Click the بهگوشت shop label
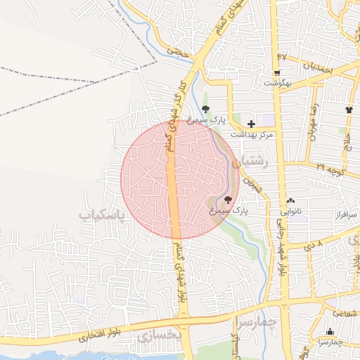[277, 83]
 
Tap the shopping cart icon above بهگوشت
[277, 72]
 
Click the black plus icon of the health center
[251, 124]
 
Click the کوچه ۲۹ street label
[330, 168]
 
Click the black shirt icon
[349, 110]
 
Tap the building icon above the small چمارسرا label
[330, 332]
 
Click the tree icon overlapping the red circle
[227, 200]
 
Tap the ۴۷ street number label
[282, 56]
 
